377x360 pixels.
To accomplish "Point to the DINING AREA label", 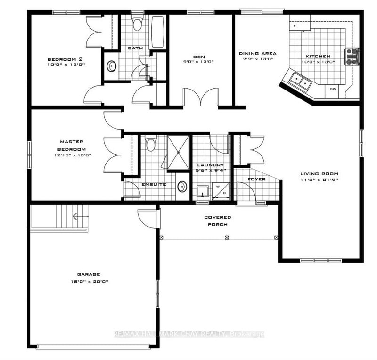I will (257, 54).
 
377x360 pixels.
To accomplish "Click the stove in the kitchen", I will (352, 57).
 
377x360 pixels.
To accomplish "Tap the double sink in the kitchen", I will (300, 81).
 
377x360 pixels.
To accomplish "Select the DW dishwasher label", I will (333, 89).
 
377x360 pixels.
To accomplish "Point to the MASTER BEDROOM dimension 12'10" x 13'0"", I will (71, 155).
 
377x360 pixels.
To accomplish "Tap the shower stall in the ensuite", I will (178, 151).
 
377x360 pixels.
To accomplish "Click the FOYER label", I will (256, 180).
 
